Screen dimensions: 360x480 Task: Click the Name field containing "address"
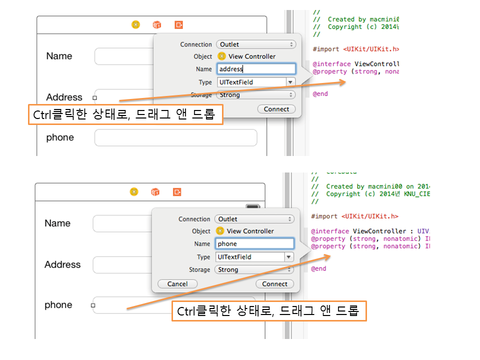[x=256, y=69]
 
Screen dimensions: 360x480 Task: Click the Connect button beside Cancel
[x=274, y=283]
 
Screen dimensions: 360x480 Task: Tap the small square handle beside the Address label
[x=95, y=98]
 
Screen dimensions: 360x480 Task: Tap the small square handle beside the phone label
[x=93, y=305]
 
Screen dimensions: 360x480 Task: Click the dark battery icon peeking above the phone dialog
[x=253, y=207]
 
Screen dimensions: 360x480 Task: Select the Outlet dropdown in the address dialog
[x=256, y=44]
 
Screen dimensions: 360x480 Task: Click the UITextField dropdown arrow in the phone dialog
[x=288, y=257]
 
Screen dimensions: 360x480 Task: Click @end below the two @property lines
[x=318, y=268]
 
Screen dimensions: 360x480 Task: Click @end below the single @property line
[x=320, y=93]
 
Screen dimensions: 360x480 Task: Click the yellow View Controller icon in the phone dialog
[x=220, y=231]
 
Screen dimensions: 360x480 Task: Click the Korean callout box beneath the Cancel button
[x=269, y=311]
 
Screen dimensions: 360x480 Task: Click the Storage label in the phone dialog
[x=199, y=269]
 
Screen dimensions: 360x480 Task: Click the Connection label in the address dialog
[x=196, y=44]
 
